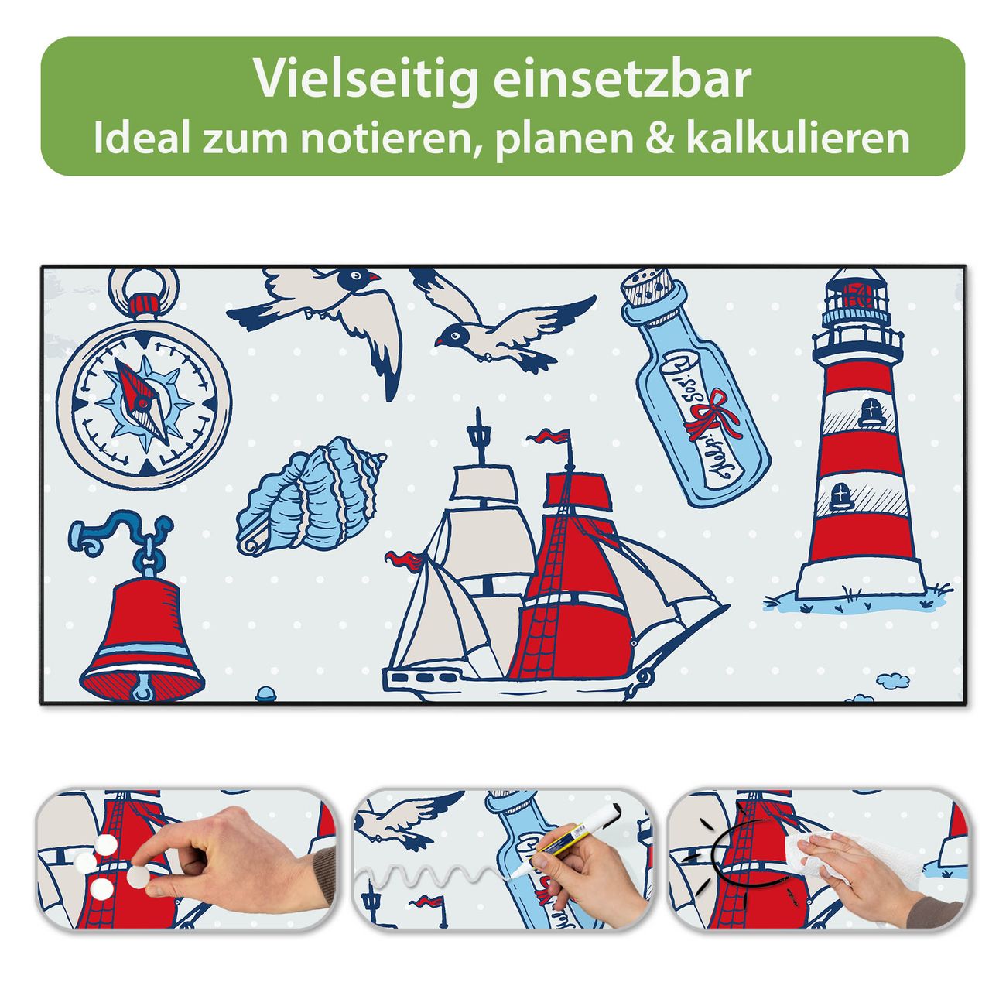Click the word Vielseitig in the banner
[366, 79]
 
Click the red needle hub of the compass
[142, 402]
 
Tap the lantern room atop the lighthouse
[857, 296]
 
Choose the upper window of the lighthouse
[868, 412]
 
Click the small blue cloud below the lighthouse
[892, 680]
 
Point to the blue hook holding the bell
[119, 534]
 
